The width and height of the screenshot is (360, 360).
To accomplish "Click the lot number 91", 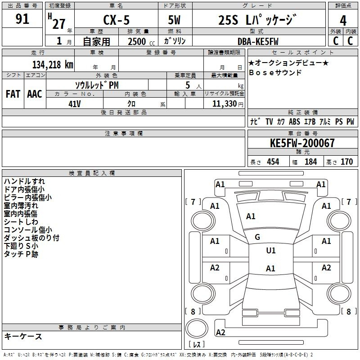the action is (22, 19).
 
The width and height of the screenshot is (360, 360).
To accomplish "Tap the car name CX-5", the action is (117, 20).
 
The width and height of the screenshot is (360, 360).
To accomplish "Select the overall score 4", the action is (343, 21).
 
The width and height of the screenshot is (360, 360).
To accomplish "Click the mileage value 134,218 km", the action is (53, 65).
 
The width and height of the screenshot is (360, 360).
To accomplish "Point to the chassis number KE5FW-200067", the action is (302, 143).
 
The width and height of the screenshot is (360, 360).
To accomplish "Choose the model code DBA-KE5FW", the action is (258, 41).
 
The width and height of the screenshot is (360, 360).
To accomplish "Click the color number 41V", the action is (75, 104).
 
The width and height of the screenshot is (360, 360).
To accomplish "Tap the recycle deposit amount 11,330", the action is (224, 104).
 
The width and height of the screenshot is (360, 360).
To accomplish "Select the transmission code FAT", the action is (13, 94).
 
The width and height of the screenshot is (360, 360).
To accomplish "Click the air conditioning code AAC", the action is (35, 94).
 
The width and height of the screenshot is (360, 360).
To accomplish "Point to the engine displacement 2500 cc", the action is (141, 41).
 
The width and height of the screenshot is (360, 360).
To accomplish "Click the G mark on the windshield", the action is (257, 237).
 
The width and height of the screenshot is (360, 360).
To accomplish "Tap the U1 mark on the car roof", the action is (271, 251).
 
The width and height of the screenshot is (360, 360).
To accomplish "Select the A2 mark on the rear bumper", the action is (220, 333).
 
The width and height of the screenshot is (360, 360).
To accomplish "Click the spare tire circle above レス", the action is (197, 328).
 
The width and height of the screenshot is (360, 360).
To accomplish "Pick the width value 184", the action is (310, 162).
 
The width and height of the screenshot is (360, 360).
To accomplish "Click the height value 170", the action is (346, 162).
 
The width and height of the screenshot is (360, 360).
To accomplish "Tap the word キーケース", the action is (23, 336).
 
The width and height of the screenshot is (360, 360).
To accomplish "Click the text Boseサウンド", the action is (275, 72).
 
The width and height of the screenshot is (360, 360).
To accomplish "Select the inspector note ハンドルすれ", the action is (24, 181).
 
